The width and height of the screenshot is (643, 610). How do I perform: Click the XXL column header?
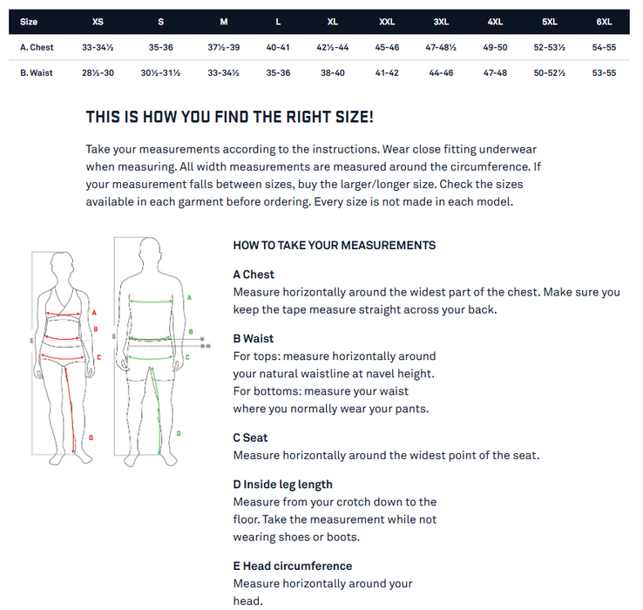coord(387,22)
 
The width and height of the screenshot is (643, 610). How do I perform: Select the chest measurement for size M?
coord(224,48)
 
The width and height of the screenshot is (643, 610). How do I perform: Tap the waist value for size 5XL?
coord(549,73)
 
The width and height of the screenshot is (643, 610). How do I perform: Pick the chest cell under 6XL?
coord(604,48)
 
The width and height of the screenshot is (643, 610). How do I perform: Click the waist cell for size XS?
coord(98,73)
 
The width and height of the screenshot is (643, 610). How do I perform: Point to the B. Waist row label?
coord(37,73)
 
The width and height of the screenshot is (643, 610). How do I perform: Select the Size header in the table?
coord(29,22)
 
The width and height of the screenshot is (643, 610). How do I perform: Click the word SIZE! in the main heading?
coord(355,117)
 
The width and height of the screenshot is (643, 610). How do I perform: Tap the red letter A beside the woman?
coord(94,313)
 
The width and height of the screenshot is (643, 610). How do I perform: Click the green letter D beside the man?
coord(179,433)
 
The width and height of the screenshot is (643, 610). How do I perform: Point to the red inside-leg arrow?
coord(70,410)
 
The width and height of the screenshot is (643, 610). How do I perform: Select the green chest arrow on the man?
coord(151,302)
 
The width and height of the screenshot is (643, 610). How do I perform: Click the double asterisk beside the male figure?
coord(206,346)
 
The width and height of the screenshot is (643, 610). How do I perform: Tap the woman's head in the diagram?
coord(62,265)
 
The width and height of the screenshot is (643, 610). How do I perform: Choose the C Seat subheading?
coord(250,437)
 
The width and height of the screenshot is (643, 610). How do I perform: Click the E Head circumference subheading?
coord(293,566)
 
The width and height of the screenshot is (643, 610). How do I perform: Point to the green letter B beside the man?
coord(191,331)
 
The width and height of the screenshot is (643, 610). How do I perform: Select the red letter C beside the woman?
coord(98,357)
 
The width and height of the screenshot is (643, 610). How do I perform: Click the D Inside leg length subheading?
coord(282,485)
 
